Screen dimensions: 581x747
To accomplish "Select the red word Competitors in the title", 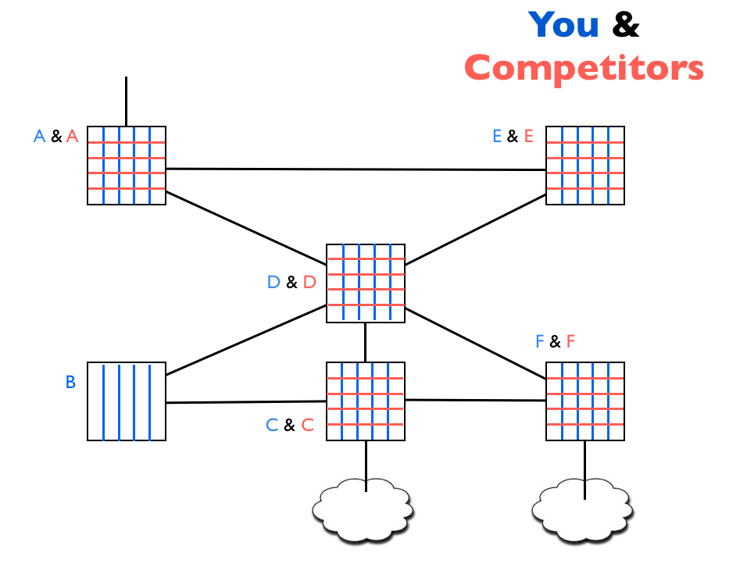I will pyautogui.click(x=584, y=68).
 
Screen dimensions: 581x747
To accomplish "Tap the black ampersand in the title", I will pyautogui.click(x=625, y=25).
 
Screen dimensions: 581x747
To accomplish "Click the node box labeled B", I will pyautogui.click(x=126, y=401).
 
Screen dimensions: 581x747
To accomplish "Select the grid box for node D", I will pyautogui.click(x=365, y=283).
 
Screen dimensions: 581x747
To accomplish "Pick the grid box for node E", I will pyautogui.click(x=584, y=166).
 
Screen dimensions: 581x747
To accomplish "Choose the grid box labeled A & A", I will pyautogui.click(x=126, y=166).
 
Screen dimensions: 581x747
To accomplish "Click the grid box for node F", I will pyautogui.click(x=584, y=401).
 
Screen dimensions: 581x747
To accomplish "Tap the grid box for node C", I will pyautogui.click(x=365, y=401).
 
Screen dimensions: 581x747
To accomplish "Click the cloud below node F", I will pyautogui.click(x=582, y=509).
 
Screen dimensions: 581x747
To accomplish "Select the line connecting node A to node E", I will pyautogui.click(x=356, y=169).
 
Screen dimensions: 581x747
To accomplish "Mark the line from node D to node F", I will pyautogui.click(x=475, y=344).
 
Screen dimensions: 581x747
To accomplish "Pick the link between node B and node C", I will pyautogui.click(x=246, y=402).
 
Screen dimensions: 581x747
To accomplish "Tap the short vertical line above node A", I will pyautogui.click(x=126, y=100).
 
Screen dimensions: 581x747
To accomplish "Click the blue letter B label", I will pyautogui.click(x=70, y=383).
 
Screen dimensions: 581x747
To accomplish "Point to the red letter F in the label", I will pyautogui.click(x=570, y=341).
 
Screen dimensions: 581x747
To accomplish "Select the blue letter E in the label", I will pyautogui.click(x=497, y=136).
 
